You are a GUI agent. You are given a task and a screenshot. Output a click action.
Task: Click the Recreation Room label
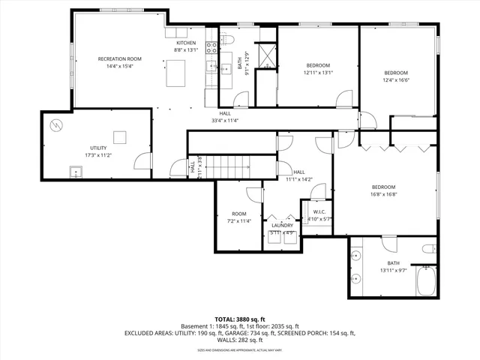pos(119,58)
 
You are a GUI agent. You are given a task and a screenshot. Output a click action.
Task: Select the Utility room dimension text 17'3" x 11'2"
pos(97,155)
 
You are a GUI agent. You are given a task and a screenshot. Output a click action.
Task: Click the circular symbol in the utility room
pos(55,124)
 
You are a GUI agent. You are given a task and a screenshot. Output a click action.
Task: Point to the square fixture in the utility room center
pos(118,136)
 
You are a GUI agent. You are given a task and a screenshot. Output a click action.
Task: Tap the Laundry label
pos(282,225)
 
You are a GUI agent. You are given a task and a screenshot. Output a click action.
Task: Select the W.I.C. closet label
pos(319,211)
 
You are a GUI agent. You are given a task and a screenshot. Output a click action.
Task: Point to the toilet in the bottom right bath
pos(428,249)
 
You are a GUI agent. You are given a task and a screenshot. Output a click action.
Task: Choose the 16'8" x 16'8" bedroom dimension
pos(383,194)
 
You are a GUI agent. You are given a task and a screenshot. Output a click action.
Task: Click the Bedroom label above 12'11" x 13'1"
pos(318,65)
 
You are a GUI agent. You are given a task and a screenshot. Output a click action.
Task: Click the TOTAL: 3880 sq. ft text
pos(239,319)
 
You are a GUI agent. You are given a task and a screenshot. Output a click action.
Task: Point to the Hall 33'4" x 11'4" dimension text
pos(225,120)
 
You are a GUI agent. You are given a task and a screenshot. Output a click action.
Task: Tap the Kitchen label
pos(186,43)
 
